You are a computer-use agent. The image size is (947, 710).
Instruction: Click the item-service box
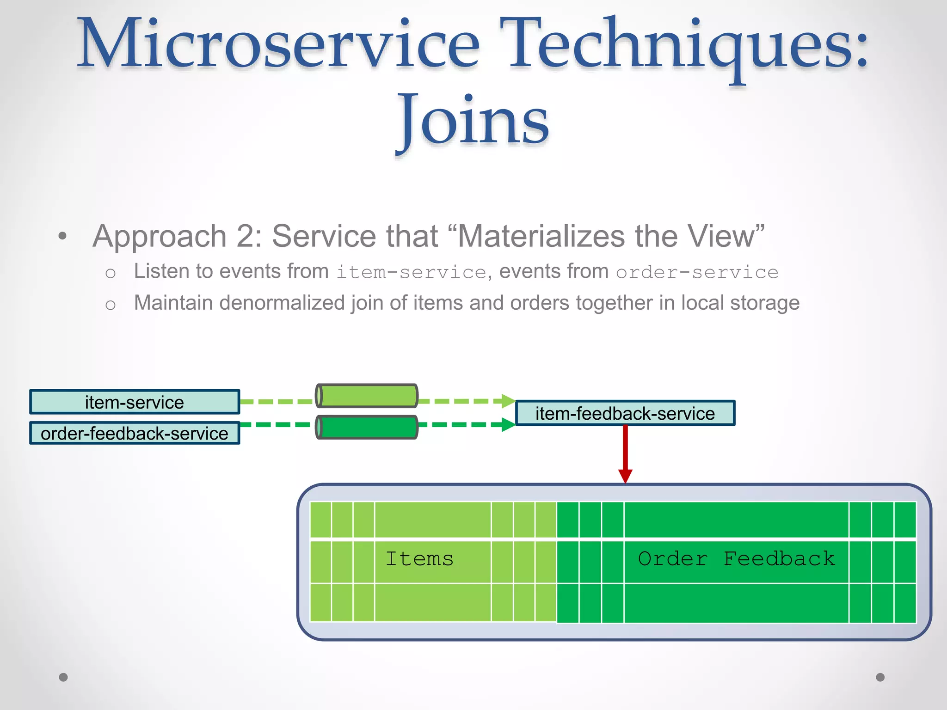[135, 402]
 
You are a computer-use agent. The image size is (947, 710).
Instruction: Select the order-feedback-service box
[135, 434]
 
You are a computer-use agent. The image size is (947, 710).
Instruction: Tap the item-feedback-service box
[625, 413]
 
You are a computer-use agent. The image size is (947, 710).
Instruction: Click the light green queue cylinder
[367, 396]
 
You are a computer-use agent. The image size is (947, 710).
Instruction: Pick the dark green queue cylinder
[367, 427]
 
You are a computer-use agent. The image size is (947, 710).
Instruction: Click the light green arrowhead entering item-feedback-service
[508, 401]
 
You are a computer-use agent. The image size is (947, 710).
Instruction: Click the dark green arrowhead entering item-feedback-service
[508, 424]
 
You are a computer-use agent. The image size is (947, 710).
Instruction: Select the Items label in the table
[419, 559]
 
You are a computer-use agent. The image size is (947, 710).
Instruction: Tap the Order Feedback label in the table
[736, 559]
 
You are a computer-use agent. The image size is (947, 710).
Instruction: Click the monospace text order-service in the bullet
[697, 272]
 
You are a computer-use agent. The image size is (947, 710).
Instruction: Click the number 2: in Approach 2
[249, 236]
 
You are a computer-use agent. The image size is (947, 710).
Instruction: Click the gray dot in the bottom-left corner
[63, 677]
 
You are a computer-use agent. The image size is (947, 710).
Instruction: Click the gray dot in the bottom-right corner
[880, 677]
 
